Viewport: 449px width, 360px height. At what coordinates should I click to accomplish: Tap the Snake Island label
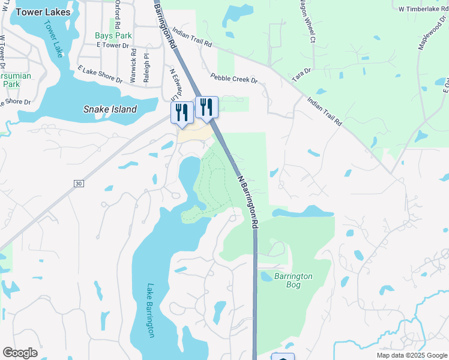click(x=109, y=109)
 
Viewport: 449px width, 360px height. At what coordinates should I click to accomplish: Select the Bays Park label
click(x=112, y=35)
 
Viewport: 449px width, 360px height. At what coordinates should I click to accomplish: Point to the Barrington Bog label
click(x=293, y=280)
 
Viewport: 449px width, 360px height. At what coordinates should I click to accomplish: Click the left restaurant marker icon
click(x=182, y=112)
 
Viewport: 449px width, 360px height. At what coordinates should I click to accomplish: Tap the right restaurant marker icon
click(x=206, y=107)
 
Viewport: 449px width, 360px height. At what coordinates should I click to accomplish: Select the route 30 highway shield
click(x=78, y=183)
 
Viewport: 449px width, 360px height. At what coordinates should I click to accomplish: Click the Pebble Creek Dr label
click(x=234, y=79)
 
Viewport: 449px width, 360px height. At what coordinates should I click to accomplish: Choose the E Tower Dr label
click(x=112, y=46)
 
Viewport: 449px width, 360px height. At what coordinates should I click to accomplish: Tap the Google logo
click(x=20, y=353)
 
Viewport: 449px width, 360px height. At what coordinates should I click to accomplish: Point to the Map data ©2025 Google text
click(x=412, y=355)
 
